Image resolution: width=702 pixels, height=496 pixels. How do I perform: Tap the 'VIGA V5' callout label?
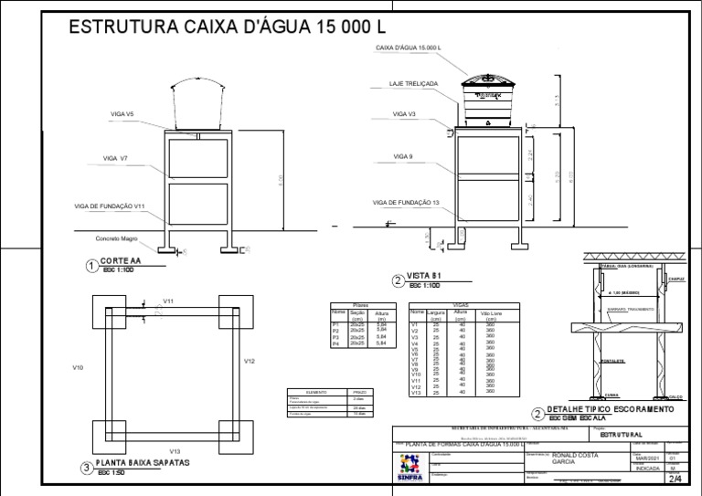[x=122, y=114]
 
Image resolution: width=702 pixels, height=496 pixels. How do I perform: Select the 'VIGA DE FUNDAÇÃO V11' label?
[x=110, y=206]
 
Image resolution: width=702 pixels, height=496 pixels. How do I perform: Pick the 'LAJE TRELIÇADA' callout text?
[x=413, y=83]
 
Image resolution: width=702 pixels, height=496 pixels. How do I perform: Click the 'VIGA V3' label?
[x=404, y=114]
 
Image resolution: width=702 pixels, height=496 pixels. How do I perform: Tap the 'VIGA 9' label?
[x=403, y=157]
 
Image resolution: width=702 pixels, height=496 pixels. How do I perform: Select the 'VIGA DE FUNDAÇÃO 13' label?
[x=406, y=202]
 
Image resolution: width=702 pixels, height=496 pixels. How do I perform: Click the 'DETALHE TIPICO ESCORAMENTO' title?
[x=610, y=409]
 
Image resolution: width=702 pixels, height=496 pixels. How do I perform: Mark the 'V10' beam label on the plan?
[x=78, y=367]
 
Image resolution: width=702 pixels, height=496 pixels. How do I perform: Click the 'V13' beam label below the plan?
[x=175, y=451]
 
